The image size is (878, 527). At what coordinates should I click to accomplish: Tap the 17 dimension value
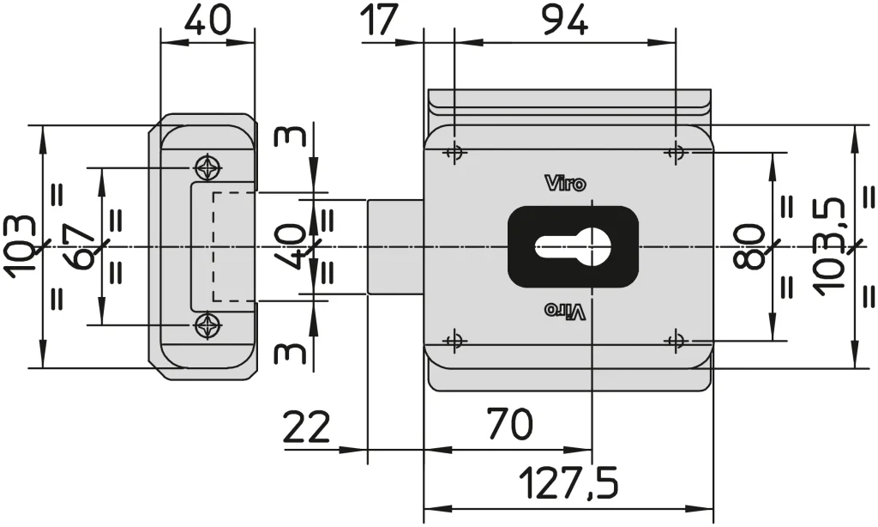pyautogui.click(x=380, y=20)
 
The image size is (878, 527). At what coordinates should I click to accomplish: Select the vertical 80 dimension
pyautogui.click(x=751, y=246)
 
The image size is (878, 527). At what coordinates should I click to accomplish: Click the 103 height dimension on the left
pyautogui.click(x=21, y=246)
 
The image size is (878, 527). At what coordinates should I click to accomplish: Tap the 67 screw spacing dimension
pyautogui.click(x=81, y=246)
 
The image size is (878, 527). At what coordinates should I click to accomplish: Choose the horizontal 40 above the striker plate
pyautogui.click(x=207, y=20)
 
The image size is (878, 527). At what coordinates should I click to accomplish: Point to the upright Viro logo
pyautogui.click(x=566, y=183)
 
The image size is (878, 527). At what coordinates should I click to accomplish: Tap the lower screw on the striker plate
pyautogui.click(x=207, y=325)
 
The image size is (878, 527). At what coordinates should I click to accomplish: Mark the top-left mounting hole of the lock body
pyautogui.click(x=454, y=154)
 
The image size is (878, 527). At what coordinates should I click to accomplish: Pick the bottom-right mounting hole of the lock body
pyautogui.click(x=677, y=341)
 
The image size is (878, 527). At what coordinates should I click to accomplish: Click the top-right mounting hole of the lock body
pyautogui.click(x=677, y=154)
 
